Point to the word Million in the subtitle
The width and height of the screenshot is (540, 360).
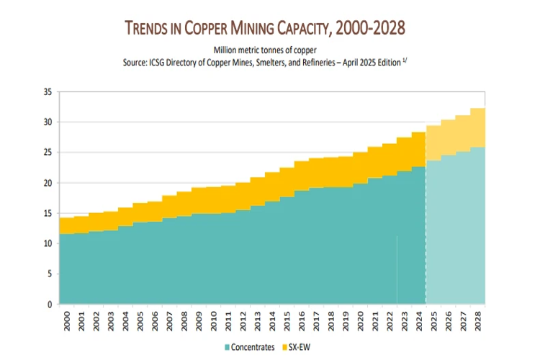226,50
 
